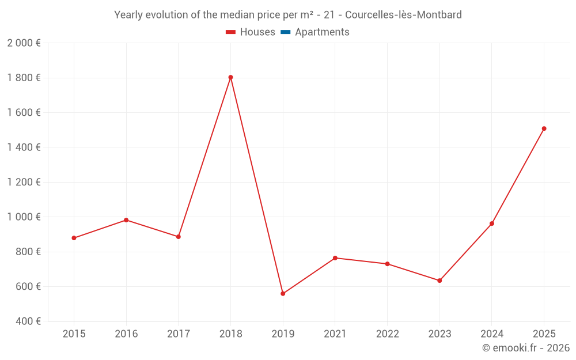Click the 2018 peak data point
point(230,77)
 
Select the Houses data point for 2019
point(283,294)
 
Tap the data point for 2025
point(544,128)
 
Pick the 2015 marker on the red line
point(74,238)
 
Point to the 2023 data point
point(439,281)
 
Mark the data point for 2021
point(335,258)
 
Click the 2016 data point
point(126,220)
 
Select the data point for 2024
point(492,223)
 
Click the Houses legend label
point(257,32)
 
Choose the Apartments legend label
point(322,32)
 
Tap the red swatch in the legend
point(231,32)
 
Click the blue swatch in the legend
point(285,32)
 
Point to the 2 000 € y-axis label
point(24,43)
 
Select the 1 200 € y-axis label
point(24,182)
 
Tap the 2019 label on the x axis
point(283,334)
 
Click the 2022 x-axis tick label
point(387,334)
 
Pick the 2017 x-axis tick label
point(178,334)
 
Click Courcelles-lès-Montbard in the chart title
point(403,15)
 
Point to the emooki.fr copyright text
point(526,348)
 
